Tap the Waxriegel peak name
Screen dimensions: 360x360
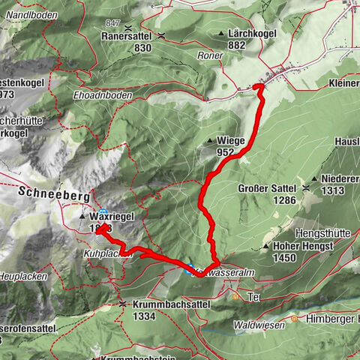[112, 216]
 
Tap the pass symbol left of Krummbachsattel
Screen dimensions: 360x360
[121, 304]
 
